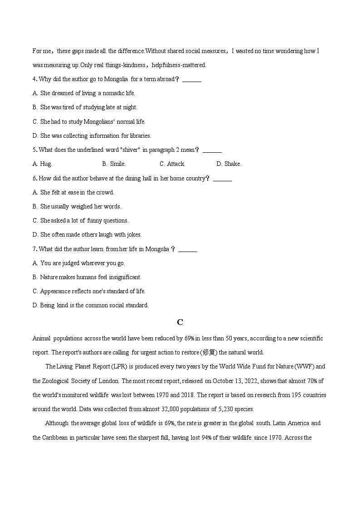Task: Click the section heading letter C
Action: (x=180, y=322)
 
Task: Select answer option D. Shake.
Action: (x=229, y=164)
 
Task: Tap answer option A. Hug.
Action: (x=42, y=164)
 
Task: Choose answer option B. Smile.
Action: (x=114, y=164)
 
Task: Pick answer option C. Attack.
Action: (x=172, y=164)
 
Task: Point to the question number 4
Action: (x=34, y=79)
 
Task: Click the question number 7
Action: (x=34, y=249)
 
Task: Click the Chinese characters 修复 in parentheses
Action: (x=210, y=353)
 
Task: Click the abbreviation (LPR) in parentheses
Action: (x=96, y=367)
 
